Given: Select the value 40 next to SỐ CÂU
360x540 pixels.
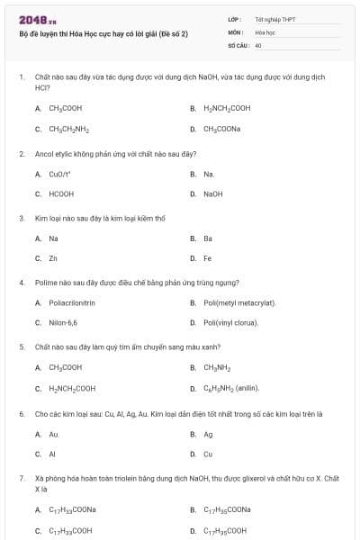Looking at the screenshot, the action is pyautogui.click(x=258, y=44).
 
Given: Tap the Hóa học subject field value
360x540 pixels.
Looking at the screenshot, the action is pyautogui.click(x=265, y=31).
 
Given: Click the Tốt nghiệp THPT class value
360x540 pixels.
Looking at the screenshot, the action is pyautogui.click(x=274, y=19).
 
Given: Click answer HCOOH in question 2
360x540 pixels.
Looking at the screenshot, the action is pyautogui.click(x=61, y=193).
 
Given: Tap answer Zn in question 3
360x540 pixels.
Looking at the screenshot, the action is pyautogui.click(x=54, y=258).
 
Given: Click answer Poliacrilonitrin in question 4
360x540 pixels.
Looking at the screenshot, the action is pyautogui.click(x=72, y=302).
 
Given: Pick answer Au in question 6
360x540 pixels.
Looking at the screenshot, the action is pyautogui.click(x=53, y=434).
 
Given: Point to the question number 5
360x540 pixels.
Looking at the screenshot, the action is pyautogui.click(x=22, y=346).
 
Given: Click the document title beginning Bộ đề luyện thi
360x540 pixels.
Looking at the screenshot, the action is pyautogui.click(x=103, y=33).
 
